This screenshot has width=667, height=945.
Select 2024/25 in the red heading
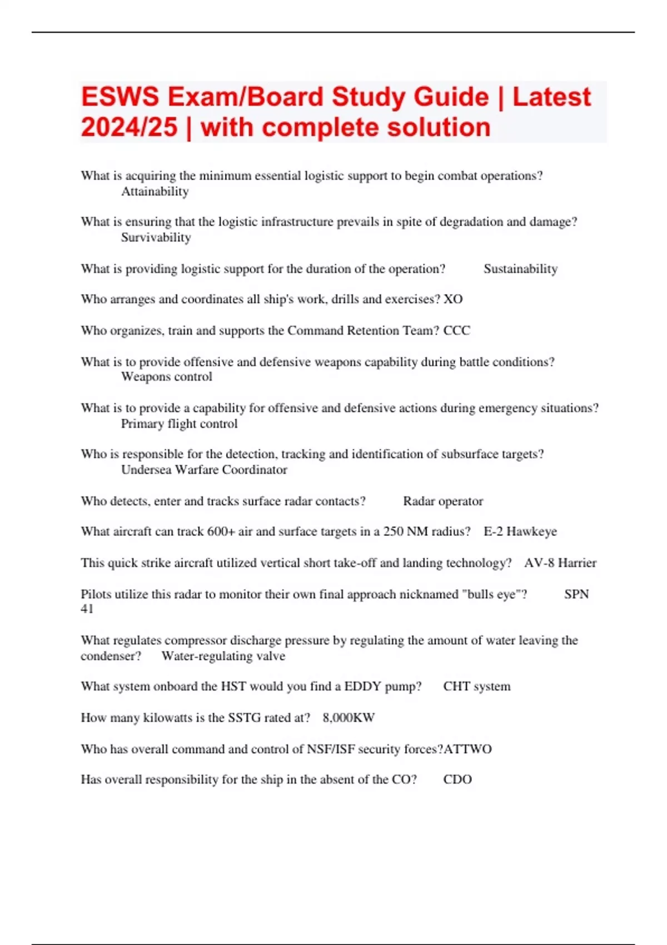(x=129, y=127)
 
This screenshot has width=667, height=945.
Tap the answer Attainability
(x=155, y=192)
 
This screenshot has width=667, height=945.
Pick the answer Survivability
(x=156, y=238)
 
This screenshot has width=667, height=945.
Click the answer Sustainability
(x=520, y=269)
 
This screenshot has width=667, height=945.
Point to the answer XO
(x=453, y=299)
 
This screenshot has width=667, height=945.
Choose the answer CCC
(x=456, y=331)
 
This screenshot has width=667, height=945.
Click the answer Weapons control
(x=166, y=377)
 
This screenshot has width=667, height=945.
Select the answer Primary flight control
(x=179, y=424)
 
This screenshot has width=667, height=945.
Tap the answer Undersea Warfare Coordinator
(x=204, y=470)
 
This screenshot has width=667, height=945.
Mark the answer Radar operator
(x=442, y=501)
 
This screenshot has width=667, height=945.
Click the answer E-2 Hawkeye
(x=520, y=531)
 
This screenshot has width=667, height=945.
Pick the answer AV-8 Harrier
(x=560, y=563)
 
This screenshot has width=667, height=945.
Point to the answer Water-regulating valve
(x=223, y=656)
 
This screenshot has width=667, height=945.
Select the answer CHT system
(x=476, y=687)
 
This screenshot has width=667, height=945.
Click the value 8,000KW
(x=349, y=718)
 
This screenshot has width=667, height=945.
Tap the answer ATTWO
(x=467, y=749)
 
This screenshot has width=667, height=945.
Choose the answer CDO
(x=457, y=779)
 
